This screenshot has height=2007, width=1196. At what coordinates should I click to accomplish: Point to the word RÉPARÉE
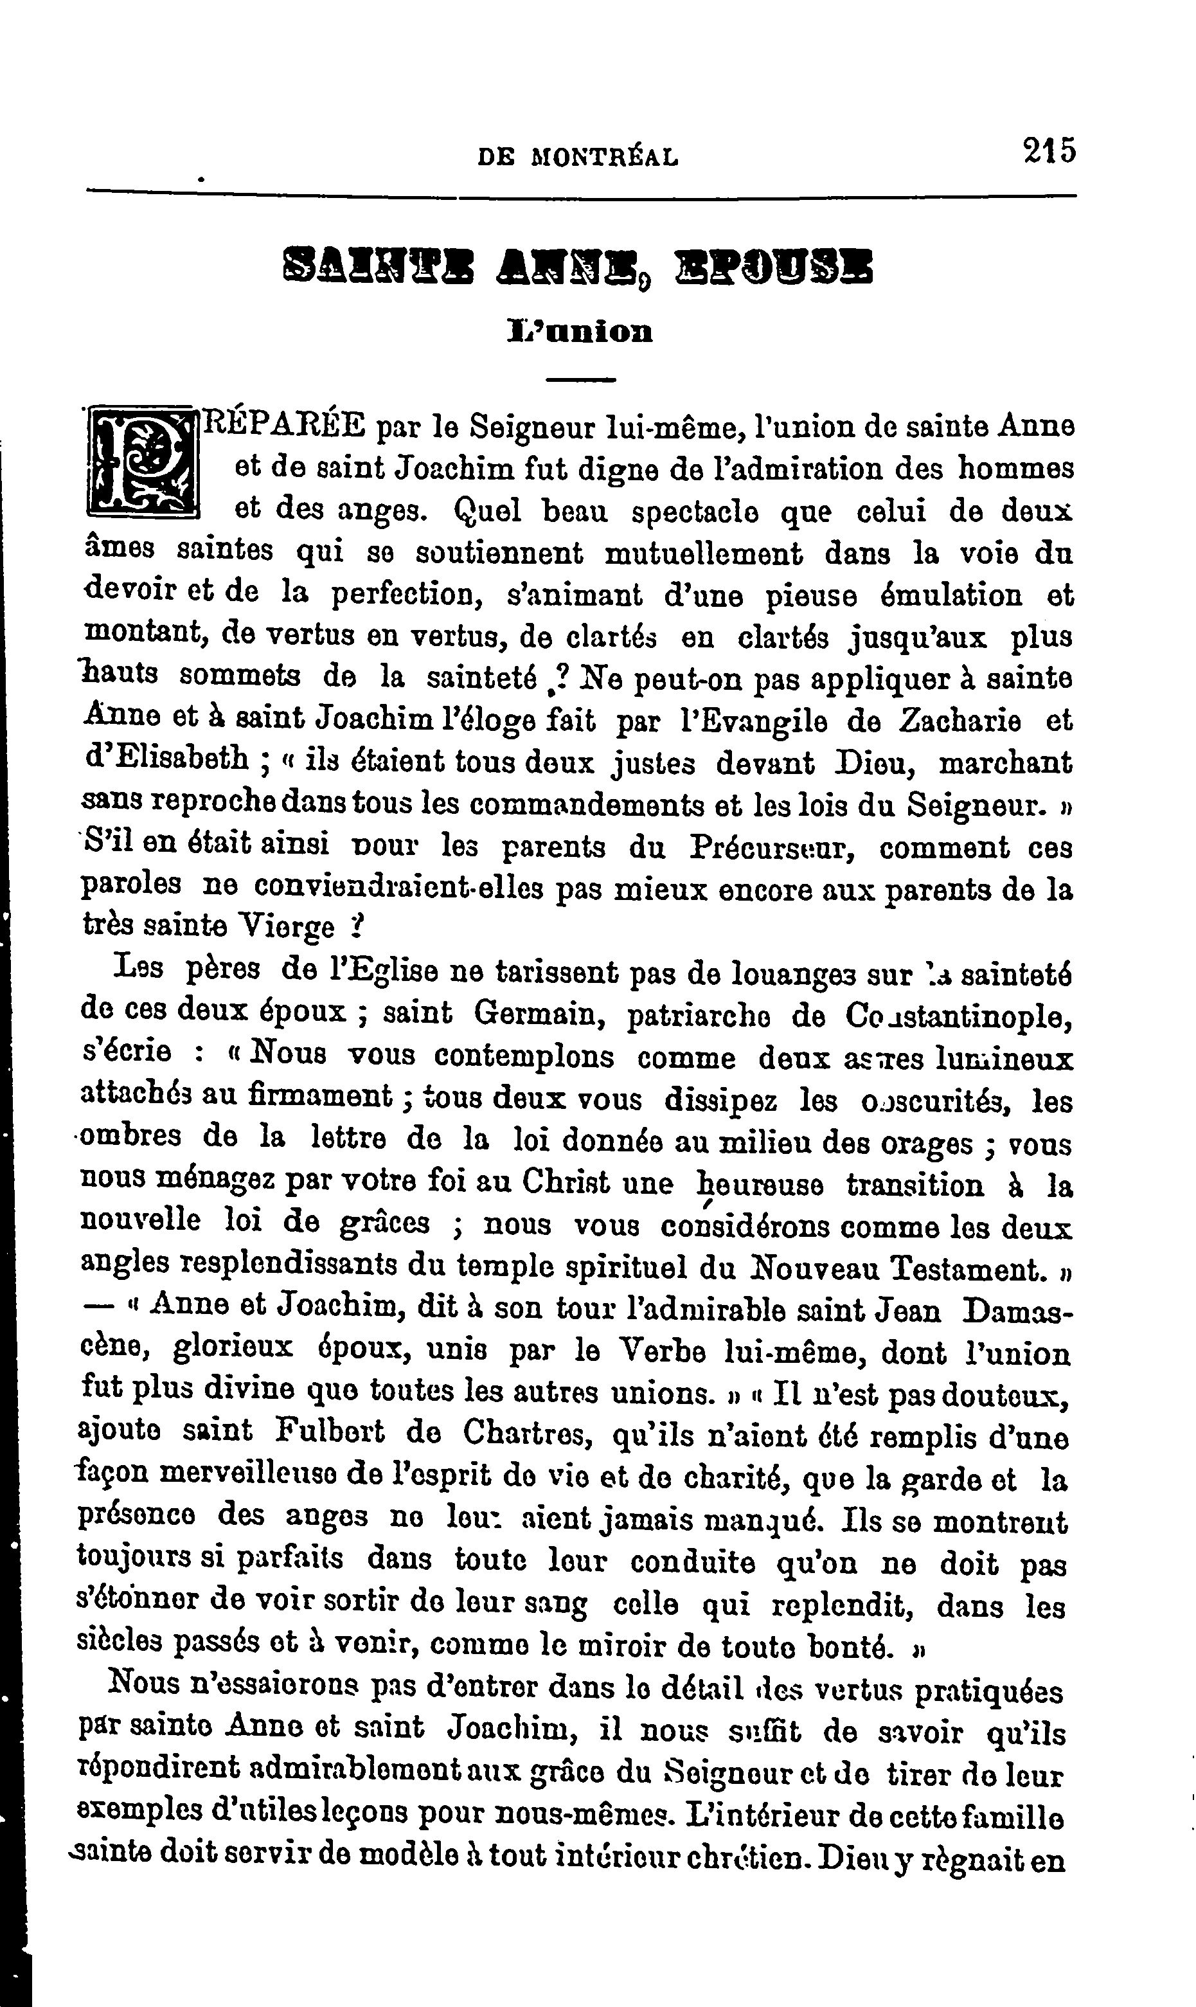285,425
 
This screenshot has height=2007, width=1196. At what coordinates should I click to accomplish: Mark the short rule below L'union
580,378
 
